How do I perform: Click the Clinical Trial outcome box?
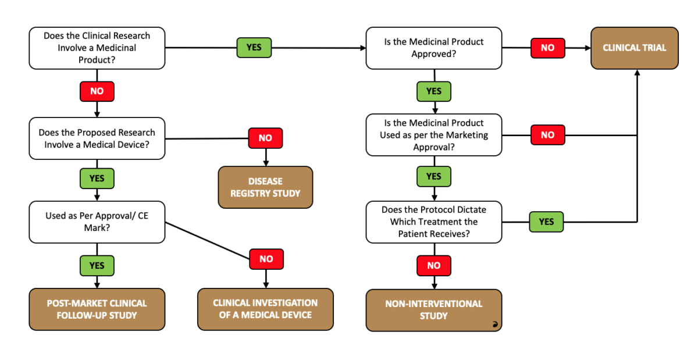[x=634, y=48]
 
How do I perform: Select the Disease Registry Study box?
[x=265, y=187]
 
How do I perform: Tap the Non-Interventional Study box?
[x=433, y=310]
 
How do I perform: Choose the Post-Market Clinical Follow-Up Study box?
[x=97, y=309]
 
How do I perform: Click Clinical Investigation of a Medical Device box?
[x=265, y=309]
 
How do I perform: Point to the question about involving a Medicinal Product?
[x=97, y=48]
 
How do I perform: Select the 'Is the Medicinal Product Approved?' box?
[x=433, y=48]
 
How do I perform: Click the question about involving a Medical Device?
[x=97, y=138]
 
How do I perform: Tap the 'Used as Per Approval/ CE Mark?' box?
[x=97, y=222]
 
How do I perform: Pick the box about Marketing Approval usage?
[x=433, y=135]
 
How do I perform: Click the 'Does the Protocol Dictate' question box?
[x=433, y=222]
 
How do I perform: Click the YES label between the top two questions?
[x=254, y=48]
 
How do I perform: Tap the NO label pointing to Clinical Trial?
[x=547, y=48]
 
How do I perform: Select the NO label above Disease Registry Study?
[x=265, y=138]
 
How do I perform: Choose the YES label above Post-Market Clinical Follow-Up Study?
[x=97, y=265]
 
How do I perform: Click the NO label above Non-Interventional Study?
[x=433, y=265]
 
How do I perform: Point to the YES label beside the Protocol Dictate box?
[x=546, y=222]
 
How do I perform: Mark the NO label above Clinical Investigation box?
[x=266, y=259]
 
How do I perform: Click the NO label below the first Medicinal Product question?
[x=97, y=91]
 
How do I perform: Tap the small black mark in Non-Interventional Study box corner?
[x=495, y=326]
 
